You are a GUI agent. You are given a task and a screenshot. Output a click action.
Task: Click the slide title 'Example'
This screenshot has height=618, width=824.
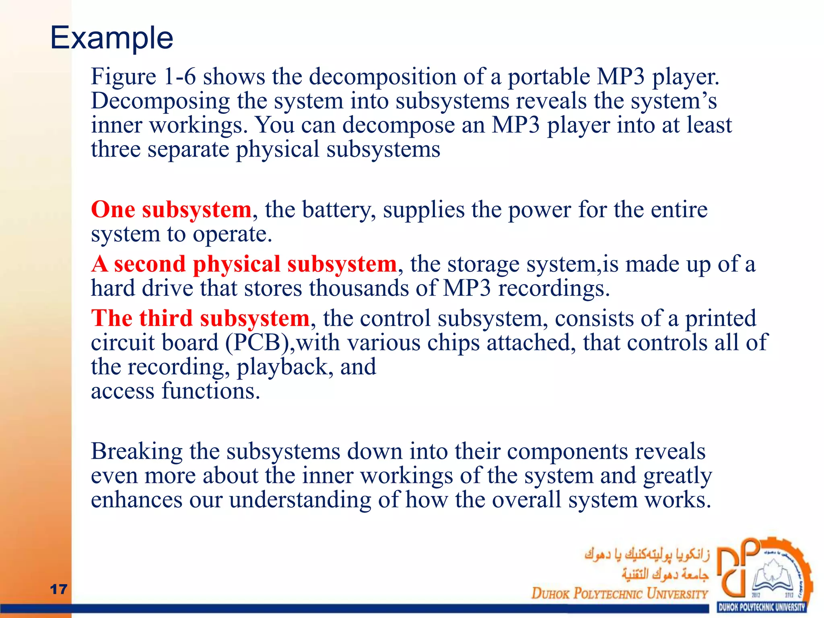point(111,38)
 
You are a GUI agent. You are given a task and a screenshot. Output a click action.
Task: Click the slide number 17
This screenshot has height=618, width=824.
point(58,589)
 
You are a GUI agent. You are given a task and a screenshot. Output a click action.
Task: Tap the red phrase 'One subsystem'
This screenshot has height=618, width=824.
point(171,210)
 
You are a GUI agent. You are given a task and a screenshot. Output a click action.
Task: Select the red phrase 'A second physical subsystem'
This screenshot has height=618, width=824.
point(244,264)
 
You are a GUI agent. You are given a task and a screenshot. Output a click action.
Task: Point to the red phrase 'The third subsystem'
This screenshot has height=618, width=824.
point(200,318)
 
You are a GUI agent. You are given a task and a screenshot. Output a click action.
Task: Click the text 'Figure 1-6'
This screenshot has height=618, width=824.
point(143,76)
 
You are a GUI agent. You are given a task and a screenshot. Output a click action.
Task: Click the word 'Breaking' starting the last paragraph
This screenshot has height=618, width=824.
point(136,451)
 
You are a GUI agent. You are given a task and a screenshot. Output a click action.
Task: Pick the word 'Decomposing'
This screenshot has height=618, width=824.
point(160,101)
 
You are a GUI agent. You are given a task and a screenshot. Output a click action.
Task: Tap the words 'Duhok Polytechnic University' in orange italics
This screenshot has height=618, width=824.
point(619,593)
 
